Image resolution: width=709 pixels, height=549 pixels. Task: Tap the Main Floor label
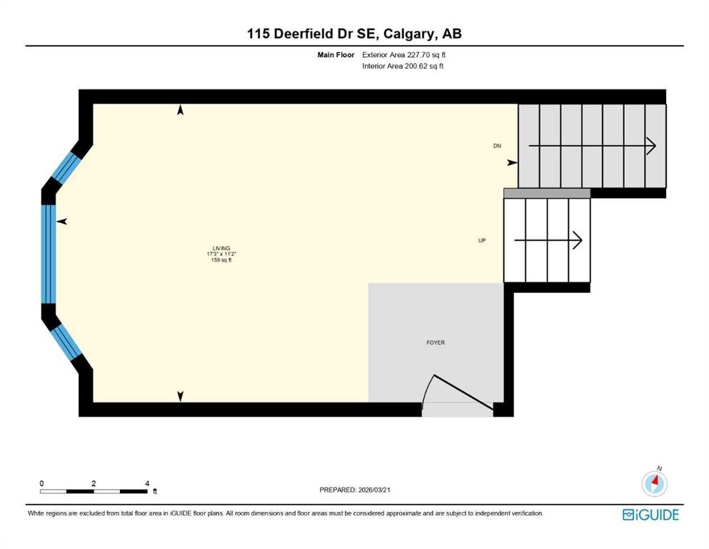click(x=336, y=55)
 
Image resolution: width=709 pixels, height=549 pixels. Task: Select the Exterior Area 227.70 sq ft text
click(x=404, y=55)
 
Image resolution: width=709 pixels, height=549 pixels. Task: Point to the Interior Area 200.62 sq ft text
click(x=403, y=66)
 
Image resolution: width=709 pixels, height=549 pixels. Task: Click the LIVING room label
click(x=221, y=249)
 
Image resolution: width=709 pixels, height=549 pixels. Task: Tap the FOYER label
click(x=436, y=342)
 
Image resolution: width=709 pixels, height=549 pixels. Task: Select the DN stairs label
click(x=497, y=146)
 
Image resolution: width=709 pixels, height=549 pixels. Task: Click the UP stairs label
click(x=482, y=240)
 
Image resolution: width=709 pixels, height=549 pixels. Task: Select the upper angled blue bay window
click(x=66, y=167)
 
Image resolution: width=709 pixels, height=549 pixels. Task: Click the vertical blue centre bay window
click(x=49, y=254)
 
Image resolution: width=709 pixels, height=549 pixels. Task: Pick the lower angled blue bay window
click(x=66, y=342)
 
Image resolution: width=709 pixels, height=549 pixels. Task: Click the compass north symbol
click(x=654, y=483)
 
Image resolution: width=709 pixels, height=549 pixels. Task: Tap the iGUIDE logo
click(x=650, y=515)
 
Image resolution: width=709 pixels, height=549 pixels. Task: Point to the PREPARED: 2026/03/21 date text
click(x=355, y=490)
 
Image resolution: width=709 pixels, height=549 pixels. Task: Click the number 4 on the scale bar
click(x=147, y=483)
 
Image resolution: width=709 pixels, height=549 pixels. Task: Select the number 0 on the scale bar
click(x=41, y=483)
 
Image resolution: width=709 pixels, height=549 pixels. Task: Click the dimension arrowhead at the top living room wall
click(x=181, y=110)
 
